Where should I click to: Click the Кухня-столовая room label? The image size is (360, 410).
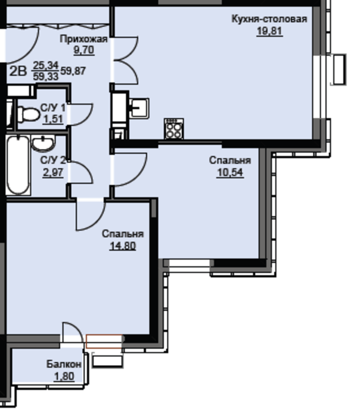click(269, 19)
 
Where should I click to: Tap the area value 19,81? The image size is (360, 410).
click(269, 31)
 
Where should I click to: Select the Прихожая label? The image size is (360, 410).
click(84, 39)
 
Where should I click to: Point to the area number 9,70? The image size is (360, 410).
click(84, 50)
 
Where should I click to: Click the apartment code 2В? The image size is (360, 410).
click(18, 71)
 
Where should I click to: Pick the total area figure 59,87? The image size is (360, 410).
click(73, 71)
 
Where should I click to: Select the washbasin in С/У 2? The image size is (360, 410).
click(43, 143)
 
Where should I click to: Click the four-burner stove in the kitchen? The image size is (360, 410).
click(174, 129)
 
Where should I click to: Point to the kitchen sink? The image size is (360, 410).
click(139, 108)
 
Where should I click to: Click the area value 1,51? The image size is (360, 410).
click(53, 119)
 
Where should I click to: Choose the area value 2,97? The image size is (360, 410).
click(53, 173)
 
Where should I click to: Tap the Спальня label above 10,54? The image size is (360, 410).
click(230, 160)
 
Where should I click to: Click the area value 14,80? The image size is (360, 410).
click(123, 246)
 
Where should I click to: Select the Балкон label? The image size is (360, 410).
click(64, 364)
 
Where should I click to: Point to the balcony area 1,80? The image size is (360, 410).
click(64, 376)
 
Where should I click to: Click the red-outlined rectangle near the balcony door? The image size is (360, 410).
click(104, 341)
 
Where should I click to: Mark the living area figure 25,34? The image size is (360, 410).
click(46, 65)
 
